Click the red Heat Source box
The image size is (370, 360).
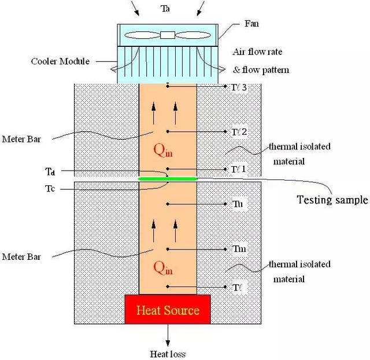[168, 310]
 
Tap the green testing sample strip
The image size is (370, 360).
[168, 179]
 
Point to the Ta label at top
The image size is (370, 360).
[167, 9]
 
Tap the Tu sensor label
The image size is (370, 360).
[238, 204]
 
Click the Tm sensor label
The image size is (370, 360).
[239, 249]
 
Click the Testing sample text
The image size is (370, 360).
[332, 200]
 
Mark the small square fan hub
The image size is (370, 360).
[168, 35]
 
